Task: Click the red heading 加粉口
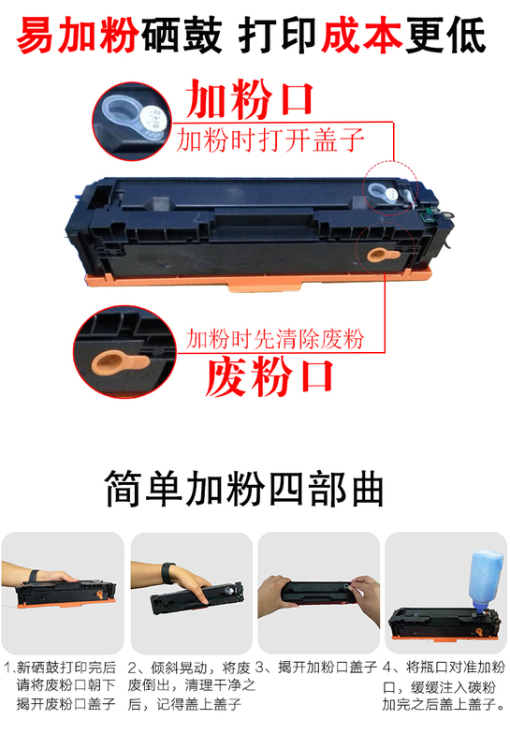(x=249, y=99)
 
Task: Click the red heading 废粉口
(x=269, y=377)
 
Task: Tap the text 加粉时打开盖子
(x=270, y=140)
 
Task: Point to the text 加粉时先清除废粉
(x=275, y=339)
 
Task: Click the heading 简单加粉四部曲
(x=244, y=488)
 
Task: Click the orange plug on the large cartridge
(x=382, y=254)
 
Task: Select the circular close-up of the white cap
(x=132, y=122)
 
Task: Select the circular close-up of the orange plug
(x=125, y=352)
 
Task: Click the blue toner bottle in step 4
(x=485, y=580)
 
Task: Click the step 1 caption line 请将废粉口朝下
(x=66, y=685)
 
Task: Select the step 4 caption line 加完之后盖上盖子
(x=444, y=704)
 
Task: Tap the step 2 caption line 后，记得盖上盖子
(x=184, y=704)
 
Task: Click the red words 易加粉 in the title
(x=78, y=35)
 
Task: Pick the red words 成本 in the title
(x=361, y=35)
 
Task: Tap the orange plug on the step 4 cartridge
(x=479, y=631)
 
